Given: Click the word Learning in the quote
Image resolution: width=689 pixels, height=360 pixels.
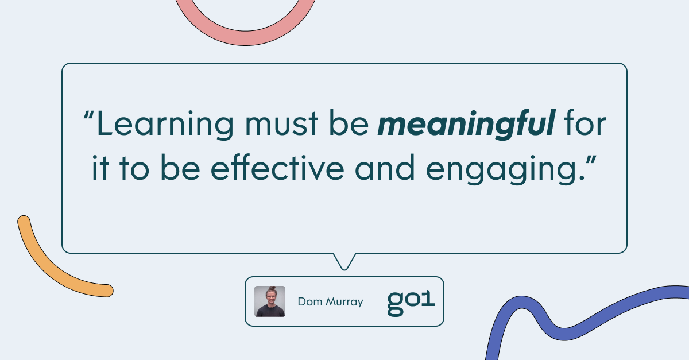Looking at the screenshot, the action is click(165, 125).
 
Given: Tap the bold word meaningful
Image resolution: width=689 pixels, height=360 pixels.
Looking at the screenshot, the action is click(467, 125).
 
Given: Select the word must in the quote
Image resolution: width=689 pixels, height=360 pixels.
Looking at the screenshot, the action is click(281, 123).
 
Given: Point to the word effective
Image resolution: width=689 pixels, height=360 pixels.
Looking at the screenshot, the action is click(277, 168).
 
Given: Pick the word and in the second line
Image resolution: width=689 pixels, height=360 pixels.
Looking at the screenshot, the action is click(385, 168).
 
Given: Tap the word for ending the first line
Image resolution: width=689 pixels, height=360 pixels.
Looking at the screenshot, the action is click(585, 122).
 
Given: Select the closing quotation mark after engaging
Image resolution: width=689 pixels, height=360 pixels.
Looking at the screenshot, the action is click(591, 160).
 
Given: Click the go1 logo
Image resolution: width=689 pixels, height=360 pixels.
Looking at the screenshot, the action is click(411, 303).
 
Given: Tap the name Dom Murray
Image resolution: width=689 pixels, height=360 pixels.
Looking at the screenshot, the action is click(330, 302).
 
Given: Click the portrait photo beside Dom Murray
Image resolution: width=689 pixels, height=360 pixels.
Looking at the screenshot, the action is click(270, 301).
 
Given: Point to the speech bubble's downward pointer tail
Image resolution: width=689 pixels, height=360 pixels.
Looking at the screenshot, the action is click(344, 262).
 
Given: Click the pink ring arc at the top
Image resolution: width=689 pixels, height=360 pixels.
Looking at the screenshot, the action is click(245, 38).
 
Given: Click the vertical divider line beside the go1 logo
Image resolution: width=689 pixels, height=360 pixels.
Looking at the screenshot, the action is click(376, 301).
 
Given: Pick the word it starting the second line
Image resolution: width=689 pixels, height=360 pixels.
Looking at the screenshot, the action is click(100, 168).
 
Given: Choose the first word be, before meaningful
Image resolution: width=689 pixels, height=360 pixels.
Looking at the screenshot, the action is click(349, 122).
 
